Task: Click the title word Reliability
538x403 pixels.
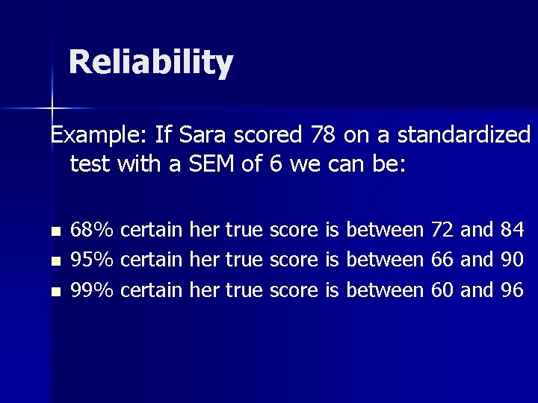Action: click(x=151, y=63)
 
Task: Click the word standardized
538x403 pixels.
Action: click(x=464, y=135)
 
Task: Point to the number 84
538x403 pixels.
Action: click(x=512, y=230)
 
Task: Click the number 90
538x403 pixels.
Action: click(x=512, y=259)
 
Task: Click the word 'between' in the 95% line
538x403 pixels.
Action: click(x=386, y=259)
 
